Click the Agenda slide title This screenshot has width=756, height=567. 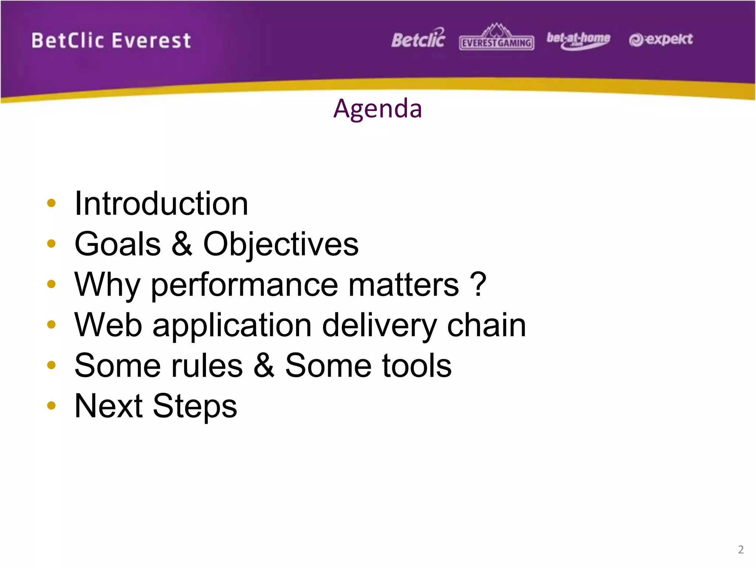pos(377,109)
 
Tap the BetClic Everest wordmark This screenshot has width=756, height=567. pos(111,41)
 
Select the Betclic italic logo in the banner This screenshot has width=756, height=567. pos(418,39)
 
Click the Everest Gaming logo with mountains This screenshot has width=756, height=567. pos(496,38)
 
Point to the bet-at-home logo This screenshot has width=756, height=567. pos(578,40)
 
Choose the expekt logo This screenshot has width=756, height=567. pos(661,39)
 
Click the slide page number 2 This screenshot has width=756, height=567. pos(740,549)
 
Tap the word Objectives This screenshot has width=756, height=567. pos(281,244)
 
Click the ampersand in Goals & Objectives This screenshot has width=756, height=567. pos(182,244)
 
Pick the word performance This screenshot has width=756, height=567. pos(244,285)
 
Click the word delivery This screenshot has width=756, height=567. pos(379,326)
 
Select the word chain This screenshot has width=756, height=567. pos(486,325)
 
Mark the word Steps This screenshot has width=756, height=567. pos(195,406)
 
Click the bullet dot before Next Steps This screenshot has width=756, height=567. pos(51,406)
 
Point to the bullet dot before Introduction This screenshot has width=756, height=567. pos(51,203)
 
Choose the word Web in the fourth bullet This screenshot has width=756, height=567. pos(108,325)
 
